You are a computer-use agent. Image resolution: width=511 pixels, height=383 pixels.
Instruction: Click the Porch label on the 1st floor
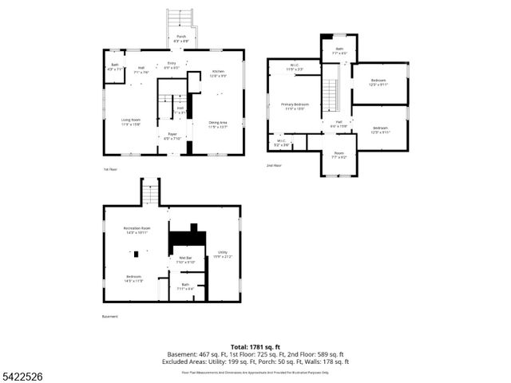pos(182,38)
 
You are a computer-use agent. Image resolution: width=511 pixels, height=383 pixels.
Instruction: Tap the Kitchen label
pos(217,73)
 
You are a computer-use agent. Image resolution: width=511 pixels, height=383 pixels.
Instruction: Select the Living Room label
pos(131,121)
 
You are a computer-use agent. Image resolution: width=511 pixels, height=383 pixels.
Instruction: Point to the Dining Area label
pos(218,124)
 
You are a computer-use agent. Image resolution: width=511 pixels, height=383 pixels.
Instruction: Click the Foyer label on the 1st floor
pos(172,136)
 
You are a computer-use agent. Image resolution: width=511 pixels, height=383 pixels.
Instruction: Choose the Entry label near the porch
pos(172,65)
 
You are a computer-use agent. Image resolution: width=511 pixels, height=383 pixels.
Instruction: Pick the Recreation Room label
pos(137,230)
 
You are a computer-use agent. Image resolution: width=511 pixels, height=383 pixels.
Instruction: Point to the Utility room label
pos(222,255)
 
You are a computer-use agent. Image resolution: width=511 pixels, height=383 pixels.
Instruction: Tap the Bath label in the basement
pos(185,286)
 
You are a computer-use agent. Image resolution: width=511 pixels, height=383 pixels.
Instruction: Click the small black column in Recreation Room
pos(137,254)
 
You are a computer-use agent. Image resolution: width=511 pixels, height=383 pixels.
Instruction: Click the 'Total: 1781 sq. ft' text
pos(255,346)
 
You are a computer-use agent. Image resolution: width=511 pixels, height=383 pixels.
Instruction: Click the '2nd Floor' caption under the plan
pos(274,165)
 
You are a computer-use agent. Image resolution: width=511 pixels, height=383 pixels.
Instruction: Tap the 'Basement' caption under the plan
pos(109,316)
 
